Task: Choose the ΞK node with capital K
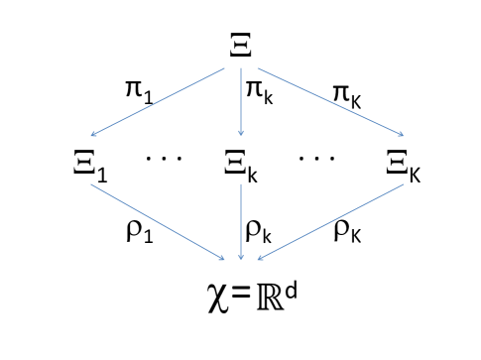coord(401,167)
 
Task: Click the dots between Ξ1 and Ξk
coord(164,158)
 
